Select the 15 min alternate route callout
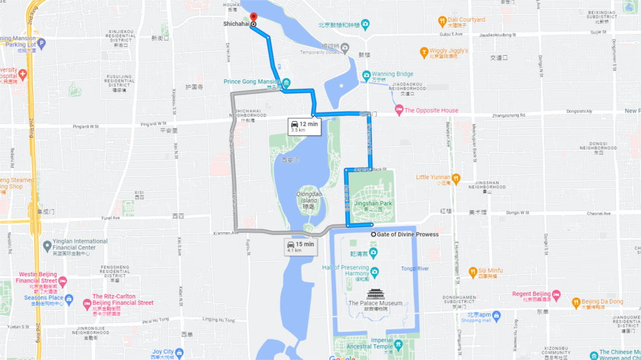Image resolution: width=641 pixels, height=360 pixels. (x=301, y=246)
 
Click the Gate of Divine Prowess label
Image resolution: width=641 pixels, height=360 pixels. (x=408, y=235)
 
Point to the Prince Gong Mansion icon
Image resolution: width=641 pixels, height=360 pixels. (x=286, y=83)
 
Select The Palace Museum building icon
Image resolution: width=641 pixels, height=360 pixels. (x=375, y=294)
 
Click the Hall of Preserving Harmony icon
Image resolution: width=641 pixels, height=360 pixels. (x=374, y=272)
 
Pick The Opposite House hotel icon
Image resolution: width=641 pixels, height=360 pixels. (x=398, y=111)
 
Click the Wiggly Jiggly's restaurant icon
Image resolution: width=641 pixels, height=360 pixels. (x=424, y=51)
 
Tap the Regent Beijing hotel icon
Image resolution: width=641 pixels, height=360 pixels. (x=556, y=294)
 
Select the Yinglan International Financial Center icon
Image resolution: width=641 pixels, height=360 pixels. (x=49, y=245)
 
